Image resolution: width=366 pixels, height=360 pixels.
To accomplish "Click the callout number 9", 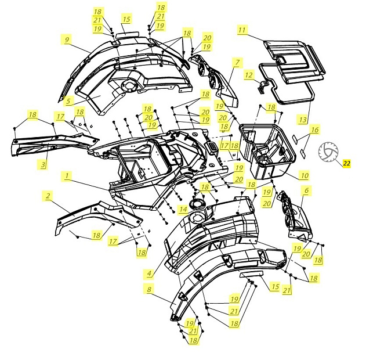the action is tap(67, 39).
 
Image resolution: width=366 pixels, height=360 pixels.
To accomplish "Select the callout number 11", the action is tap(242, 30).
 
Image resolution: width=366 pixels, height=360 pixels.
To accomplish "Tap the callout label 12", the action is tap(249, 75).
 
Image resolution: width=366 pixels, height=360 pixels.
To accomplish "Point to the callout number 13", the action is tap(303, 120).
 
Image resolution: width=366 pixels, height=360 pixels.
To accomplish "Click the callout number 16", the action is tap(314, 129).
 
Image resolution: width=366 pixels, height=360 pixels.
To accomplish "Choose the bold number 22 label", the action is tap(347, 163).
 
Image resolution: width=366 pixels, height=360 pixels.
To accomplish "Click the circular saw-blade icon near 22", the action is tap(328, 152).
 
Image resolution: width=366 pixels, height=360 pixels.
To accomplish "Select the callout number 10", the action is tap(305, 175).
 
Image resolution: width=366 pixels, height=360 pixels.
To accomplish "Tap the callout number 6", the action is tap(306, 190).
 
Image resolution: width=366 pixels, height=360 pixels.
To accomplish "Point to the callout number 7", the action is tap(237, 62).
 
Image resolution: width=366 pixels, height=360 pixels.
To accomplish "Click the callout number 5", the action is tap(68, 101).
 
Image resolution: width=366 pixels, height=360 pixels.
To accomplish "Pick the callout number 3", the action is tap(43, 164).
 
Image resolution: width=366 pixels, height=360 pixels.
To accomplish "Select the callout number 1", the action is tap(67, 176).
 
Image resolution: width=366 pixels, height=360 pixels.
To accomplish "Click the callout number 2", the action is tap(48, 196).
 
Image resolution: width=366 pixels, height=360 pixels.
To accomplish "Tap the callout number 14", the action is tap(183, 209).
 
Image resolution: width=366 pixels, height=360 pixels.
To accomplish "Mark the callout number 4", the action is tap(150, 273).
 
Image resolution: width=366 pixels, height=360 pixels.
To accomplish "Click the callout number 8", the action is tap(150, 289).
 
